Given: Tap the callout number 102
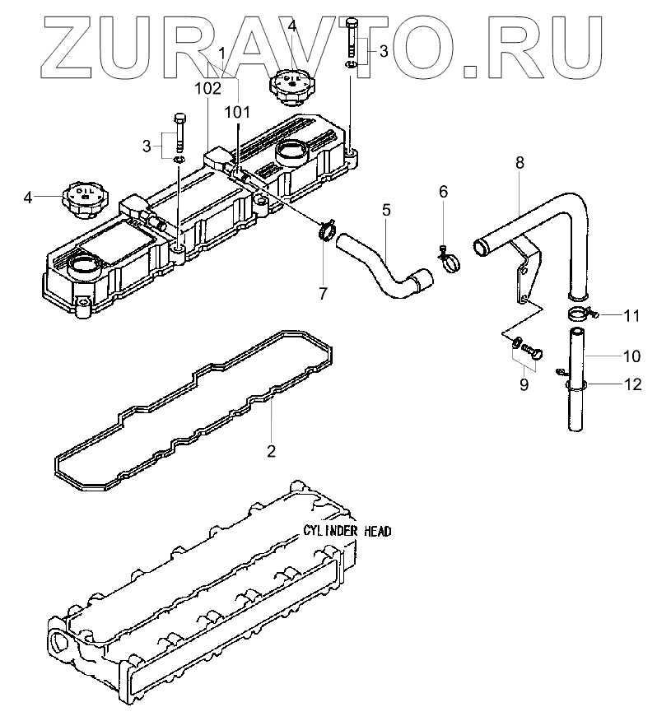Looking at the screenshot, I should coord(207,86).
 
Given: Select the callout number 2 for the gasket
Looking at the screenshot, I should coord(271,450).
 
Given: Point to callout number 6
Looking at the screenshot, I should coord(443,192).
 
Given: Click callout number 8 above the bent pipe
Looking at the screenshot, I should coord(520,163).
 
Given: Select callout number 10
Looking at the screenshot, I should coord(631,356).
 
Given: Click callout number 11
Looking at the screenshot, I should coord(631,315).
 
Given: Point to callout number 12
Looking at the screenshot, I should coord(631,384).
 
